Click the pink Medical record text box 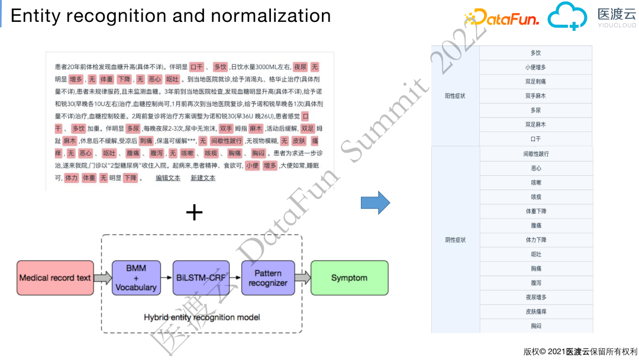(x=54, y=278)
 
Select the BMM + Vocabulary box (x=135, y=278)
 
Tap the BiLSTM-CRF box (x=202, y=278)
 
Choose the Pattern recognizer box (x=267, y=278)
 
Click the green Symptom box (x=349, y=278)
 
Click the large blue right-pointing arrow (x=375, y=202)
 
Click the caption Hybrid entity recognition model (x=202, y=317)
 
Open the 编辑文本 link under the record (x=168, y=178)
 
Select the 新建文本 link (x=203, y=178)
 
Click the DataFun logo (x=503, y=18)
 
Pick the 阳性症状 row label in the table (x=455, y=96)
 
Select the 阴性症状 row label (x=455, y=240)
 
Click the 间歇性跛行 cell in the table (x=535, y=154)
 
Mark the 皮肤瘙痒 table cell (x=535, y=311)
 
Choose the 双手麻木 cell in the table (x=535, y=96)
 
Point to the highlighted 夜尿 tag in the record (x=300, y=67)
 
